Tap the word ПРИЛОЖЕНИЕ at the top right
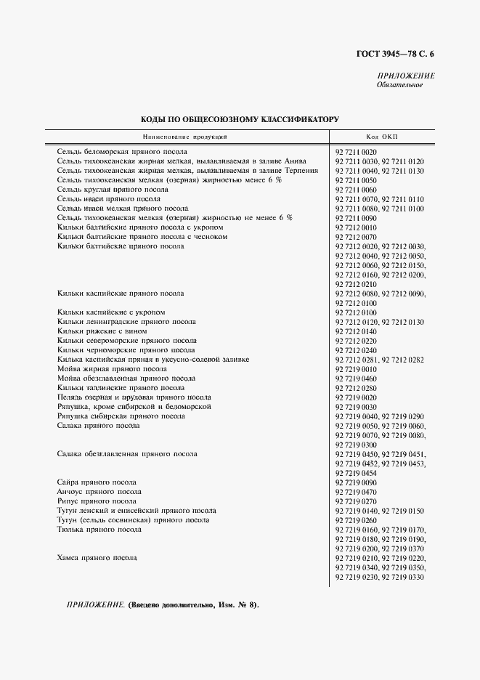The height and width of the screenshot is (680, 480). click(405, 76)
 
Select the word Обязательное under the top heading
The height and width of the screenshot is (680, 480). click(399, 86)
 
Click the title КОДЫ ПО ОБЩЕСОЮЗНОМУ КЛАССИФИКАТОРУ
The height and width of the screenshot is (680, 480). click(240, 118)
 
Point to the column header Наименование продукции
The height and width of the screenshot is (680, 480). click(185, 137)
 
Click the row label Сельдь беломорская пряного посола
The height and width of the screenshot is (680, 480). click(113, 151)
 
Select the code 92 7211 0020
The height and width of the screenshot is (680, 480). click(357, 151)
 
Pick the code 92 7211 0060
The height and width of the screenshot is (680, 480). click(357, 189)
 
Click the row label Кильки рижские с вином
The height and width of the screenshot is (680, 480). click(97, 331)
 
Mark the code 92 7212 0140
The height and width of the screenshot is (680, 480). click(357, 331)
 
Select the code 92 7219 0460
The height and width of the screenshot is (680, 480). click(357, 379)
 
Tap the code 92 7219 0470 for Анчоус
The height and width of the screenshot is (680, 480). click(357, 492)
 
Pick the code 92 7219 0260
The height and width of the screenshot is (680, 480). click(357, 520)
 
